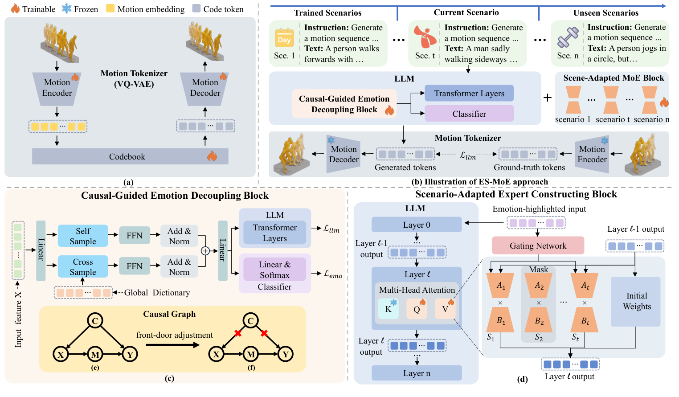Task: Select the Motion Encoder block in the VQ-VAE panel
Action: [57, 88]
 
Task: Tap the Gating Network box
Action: [538, 246]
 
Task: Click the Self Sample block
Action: [83, 236]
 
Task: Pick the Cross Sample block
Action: [83, 266]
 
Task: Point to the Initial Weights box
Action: [636, 301]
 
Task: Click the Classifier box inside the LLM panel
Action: [469, 114]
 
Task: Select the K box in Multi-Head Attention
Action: [388, 308]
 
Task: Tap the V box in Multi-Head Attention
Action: [445, 308]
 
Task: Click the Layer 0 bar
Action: [417, 225]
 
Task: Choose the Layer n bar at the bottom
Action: [417, 373]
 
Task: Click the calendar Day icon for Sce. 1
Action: [284, 38]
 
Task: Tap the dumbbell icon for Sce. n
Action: [568, 37]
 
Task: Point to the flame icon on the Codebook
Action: [212, 156]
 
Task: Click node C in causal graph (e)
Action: [95, 320]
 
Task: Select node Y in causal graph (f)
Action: [286, 354]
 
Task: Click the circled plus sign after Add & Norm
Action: [205, 251]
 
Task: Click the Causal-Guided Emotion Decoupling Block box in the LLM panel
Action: [344, 104]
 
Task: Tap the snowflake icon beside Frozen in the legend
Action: [66, 8]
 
